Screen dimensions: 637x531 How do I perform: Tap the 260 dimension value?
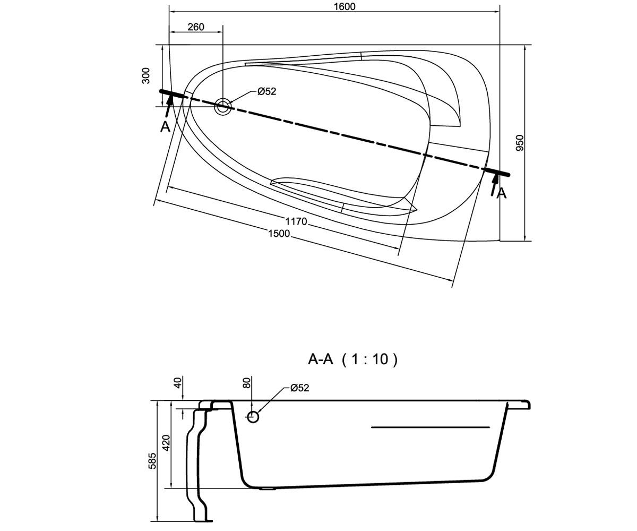[x=196, y=27]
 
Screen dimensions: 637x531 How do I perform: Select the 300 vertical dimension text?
[x=146, y=75]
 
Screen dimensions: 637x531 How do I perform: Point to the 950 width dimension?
[x=519, y=142]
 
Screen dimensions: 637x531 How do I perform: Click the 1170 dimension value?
[x=296, y=221]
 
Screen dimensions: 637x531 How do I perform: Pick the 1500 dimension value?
[x=279, y=234]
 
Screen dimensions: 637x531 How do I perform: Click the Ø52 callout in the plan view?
[x=266, y=91]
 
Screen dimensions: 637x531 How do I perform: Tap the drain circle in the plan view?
[x=223, y=107]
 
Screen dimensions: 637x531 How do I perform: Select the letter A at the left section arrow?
[x=165, y=127]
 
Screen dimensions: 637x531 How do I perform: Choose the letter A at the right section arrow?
[x=502, y=193]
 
